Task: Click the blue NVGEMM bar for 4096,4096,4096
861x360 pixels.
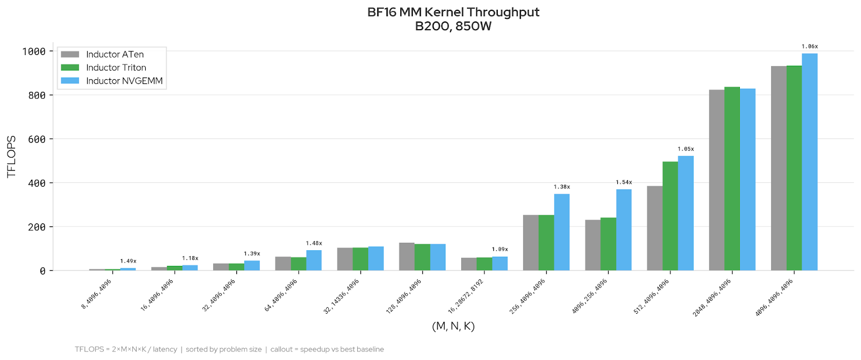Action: (x=809, y=161)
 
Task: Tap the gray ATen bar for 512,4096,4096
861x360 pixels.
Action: (x=654, y=228)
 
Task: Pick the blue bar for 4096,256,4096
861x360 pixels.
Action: (x=624, y=230)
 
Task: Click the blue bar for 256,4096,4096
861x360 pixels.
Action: (x=562, y=232)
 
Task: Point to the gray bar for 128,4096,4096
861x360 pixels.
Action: (x=407, y=257)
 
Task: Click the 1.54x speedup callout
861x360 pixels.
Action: (x=624, y=182)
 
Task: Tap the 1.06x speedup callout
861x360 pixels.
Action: (x=809, y=47)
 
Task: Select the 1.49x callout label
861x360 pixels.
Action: (x=128, y=261)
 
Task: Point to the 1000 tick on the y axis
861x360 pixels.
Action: (x=34, y=52)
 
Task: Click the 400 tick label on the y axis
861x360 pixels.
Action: (x=37, y=183)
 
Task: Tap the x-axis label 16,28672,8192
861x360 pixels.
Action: (x=466, y=297)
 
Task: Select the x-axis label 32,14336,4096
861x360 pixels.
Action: (x=342, y=297)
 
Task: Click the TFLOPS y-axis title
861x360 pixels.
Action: (x=11, y=156)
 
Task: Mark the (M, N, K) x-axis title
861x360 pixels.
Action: (x=453, y=326)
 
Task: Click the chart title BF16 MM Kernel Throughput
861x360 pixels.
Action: (x=453, y=12)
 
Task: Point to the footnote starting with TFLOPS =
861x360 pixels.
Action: (x=229, y=349)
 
